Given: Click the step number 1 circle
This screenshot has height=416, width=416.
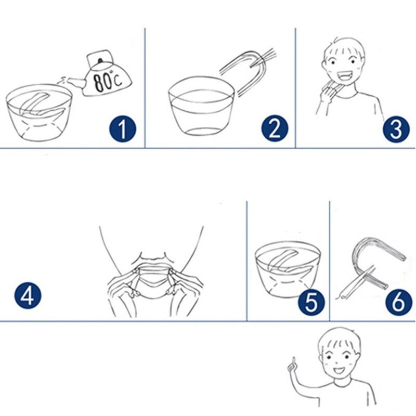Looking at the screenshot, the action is click(123, 129).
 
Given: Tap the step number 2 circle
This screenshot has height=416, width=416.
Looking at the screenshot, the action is click(275, 128).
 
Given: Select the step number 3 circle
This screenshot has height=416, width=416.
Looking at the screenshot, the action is click(396, 128).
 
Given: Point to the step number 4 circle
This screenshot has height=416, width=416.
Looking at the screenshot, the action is click(28, 295).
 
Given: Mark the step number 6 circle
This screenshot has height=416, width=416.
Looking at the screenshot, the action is click(399, 302).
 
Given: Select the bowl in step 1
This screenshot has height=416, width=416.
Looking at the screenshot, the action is click(40, 112).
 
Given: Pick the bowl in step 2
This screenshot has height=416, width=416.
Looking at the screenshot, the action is click(202, 106).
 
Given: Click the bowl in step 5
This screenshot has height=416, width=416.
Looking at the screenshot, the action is click(288, 269).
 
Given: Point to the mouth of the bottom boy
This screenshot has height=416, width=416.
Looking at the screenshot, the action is click(339, 370).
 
